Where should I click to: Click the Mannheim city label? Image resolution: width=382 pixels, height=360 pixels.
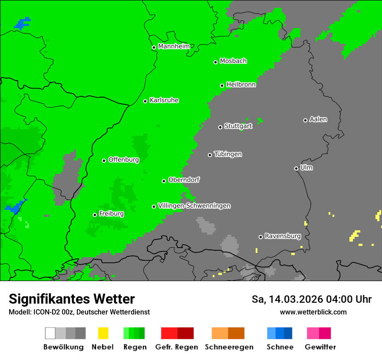174,46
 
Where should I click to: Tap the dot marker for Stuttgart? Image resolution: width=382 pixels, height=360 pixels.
220,127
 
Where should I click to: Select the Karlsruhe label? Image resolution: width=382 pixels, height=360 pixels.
164,100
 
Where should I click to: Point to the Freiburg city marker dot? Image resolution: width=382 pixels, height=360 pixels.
95,215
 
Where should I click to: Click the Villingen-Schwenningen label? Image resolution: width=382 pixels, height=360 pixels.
194,206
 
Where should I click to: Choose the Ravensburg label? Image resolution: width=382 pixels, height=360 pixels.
283,236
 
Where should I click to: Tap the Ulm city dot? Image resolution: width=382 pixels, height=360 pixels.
296,168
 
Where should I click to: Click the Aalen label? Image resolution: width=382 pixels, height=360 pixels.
318,119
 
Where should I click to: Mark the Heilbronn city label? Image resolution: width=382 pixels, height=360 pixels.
241,85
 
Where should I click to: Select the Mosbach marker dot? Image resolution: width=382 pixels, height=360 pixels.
215,62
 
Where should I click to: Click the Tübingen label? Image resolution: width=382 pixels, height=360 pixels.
228,154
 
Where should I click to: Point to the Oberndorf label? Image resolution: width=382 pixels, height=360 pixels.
184,180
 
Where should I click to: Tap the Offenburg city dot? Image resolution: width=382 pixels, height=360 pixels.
104,160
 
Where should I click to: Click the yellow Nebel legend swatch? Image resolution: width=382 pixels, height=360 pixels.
103,333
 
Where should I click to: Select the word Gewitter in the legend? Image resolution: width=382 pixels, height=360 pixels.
320,347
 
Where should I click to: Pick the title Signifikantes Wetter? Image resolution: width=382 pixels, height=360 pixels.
72,299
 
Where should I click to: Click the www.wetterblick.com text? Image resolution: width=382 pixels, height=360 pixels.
313,312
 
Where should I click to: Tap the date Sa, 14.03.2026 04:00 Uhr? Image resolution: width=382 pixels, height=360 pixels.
311,299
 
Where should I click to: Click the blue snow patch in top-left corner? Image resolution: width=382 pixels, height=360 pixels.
22,23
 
